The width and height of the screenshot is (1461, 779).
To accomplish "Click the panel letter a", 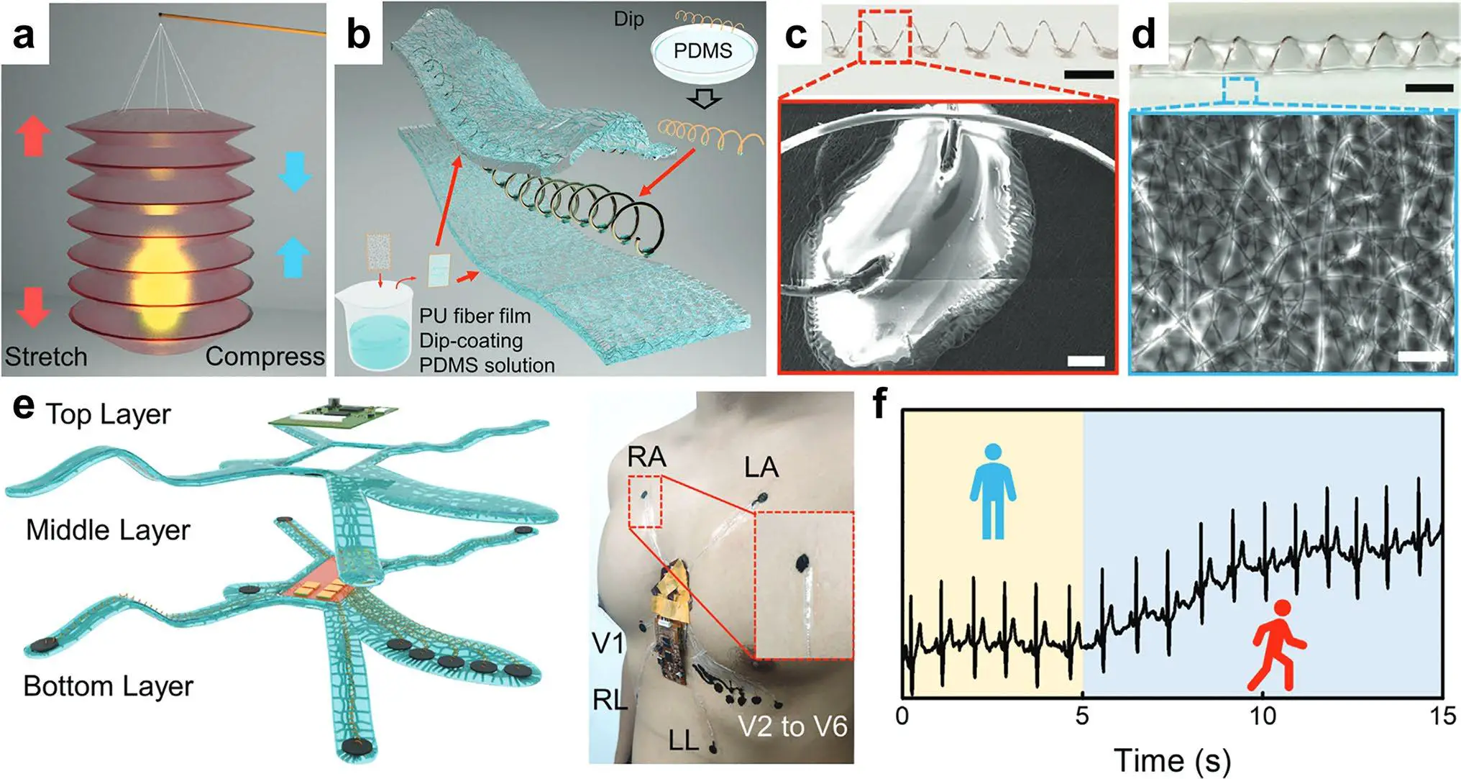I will tap(24, 34).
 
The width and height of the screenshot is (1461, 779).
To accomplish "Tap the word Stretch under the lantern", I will tap(46, 357).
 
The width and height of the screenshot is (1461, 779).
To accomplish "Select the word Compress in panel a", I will tap(265, 357).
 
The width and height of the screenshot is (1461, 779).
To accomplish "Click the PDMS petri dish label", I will tap(702, 51).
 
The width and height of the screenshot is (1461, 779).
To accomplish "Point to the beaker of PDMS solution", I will tap(374, 328).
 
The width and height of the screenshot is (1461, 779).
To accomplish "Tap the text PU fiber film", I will tap(475, 316).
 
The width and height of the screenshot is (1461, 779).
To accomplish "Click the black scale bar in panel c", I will tap(1089, 74).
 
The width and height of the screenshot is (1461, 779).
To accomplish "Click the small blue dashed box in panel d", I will tap(1240, 91).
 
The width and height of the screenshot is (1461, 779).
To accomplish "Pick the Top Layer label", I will tap(108, 415).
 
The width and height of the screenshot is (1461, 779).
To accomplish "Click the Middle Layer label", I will tap(108, 531).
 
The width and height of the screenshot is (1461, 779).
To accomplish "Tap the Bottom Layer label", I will tap(108, 686).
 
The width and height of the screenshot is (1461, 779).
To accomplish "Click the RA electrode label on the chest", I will tap(646, 457).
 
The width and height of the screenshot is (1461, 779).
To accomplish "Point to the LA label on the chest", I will tap(761, 468).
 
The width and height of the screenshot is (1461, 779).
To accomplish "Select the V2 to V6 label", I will tap(793, 726).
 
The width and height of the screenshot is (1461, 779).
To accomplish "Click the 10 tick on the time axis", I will tap(1263, 716).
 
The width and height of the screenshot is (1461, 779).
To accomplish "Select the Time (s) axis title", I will tap(1172, 760).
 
